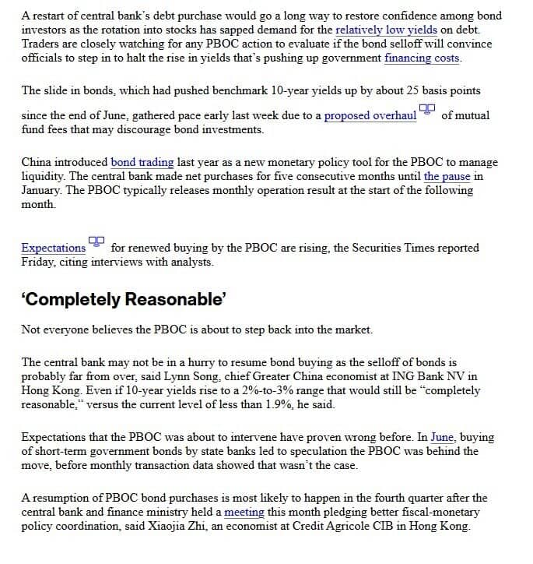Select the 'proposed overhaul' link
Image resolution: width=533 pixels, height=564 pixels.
point(370,115)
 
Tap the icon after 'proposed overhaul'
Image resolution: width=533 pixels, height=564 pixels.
point(427,111)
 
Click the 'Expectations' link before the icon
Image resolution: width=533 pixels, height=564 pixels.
point(54,248)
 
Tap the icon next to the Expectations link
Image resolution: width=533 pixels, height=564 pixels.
point(96,242)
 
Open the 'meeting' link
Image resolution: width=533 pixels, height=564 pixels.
point(244,512)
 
